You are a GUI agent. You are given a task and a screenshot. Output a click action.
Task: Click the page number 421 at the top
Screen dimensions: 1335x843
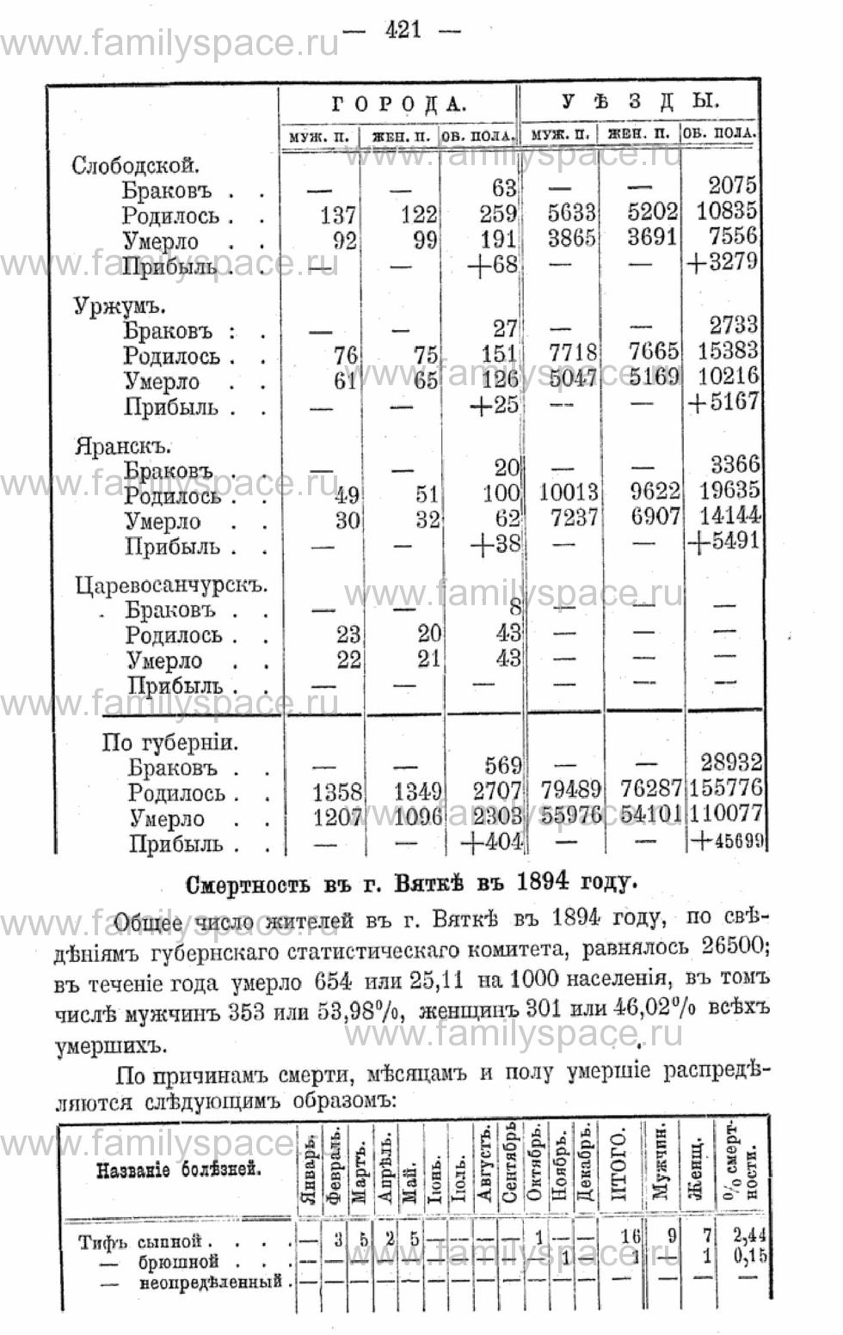[403, 29]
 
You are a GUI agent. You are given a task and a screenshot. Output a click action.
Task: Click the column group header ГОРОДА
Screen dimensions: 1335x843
[398, 104]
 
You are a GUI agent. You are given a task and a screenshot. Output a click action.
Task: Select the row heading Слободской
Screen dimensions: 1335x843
[136, 165]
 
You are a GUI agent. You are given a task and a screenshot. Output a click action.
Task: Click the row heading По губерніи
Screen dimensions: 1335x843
[169, 742]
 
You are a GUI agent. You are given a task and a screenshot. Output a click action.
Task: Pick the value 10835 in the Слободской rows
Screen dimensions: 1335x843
[727, 211]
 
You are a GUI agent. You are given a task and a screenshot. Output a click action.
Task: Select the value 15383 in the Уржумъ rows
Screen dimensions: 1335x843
[727, 351]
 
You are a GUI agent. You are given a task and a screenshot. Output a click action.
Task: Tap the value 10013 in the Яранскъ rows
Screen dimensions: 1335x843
[568, 492]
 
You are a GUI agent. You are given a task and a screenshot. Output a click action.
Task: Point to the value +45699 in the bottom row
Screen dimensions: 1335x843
[728, 842]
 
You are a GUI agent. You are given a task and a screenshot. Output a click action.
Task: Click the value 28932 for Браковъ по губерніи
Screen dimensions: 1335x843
[729, 762]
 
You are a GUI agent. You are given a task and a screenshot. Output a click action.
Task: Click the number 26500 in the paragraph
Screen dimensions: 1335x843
[729, 948]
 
